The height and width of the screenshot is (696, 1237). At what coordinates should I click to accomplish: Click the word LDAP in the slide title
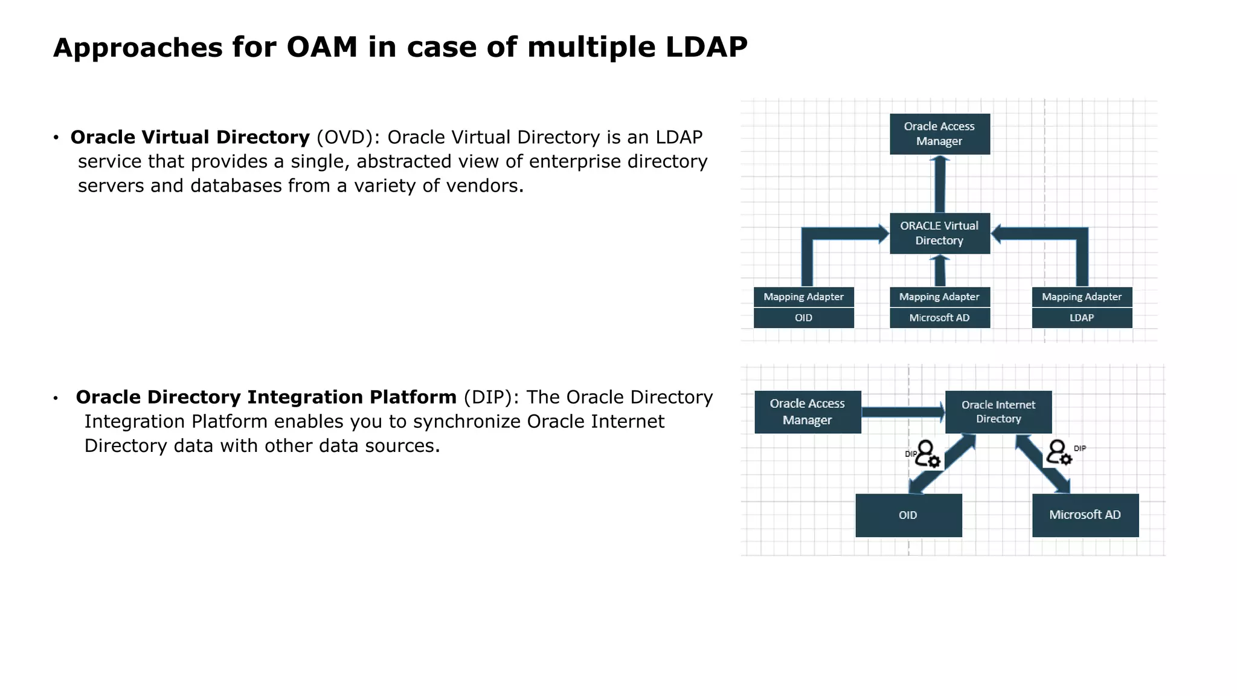[x=706, y=47]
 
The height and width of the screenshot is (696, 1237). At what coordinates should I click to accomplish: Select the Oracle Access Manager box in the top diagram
[x=939, y=134]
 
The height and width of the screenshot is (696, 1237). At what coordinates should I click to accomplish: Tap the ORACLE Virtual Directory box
[x=939, y=233]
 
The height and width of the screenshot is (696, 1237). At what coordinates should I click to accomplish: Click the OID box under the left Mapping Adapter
[x=803, y=318]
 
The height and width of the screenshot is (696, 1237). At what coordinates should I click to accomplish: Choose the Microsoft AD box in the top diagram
[x=939, y=318]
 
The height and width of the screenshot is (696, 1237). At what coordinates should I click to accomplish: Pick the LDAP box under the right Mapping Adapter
[x=1082, y=318]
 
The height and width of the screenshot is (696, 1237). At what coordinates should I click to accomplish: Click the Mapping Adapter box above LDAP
[x=1082, y=297]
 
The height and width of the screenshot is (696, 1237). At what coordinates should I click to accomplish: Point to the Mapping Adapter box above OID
[x=803, y=297]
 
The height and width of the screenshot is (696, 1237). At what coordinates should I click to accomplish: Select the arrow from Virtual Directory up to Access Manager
[x=940, y=184]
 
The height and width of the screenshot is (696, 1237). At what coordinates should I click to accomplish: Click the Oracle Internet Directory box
[x=998, y=411]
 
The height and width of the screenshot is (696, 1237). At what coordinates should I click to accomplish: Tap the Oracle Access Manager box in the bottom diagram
[x=808, y=411]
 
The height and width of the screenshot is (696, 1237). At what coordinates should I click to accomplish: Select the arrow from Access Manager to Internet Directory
[x=902, y=412]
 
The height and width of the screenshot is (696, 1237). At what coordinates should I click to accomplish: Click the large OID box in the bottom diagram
[x=908, y=515]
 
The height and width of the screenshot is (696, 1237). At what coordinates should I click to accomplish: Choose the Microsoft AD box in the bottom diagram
[x=1085, y=515]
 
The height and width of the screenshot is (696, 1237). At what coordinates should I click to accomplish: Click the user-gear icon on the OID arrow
[x=927, y=454]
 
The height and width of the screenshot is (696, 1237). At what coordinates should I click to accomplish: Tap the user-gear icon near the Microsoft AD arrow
[x=1059, y=453]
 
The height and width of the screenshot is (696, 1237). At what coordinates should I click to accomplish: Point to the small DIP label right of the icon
[x=1080, y=448]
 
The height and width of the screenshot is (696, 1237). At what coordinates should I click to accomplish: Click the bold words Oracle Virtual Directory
[x=190, y=137]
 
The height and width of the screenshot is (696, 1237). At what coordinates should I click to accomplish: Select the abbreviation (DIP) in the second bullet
[x=491, y=397]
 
